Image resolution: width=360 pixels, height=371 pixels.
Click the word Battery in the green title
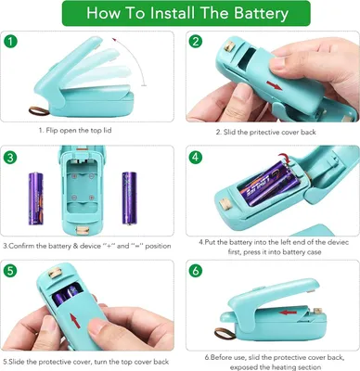click(261, 13)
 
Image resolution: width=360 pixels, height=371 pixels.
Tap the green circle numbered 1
click(10, 42)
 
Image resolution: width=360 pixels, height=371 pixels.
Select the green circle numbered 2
click(196, 42)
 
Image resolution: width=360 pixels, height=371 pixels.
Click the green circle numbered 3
click(10, 158)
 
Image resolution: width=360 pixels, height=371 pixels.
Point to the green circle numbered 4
click(196, 158)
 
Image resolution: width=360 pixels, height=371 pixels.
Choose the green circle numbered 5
click(10, 271)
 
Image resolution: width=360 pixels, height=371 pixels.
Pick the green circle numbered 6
click(196, 271)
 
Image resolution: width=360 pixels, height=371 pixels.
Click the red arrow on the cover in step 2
click(274, 85)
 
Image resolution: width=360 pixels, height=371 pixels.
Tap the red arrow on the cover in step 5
click(75, 321)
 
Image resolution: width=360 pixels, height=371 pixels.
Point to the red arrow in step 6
click(288, 313)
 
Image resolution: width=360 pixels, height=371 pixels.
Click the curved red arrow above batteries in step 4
click(286, 158)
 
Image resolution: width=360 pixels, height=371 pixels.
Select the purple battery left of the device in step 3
click(36, 198)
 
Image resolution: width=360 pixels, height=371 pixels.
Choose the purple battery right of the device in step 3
click(129, 198)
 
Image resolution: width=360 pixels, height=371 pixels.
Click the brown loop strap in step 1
click(39, 110)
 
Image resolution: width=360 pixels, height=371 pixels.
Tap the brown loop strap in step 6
click(225, 333)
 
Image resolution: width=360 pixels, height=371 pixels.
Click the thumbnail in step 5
click(97, 328)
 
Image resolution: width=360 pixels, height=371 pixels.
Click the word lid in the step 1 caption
click(108, 131)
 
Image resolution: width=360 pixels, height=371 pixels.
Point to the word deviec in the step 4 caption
click(338, 242)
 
